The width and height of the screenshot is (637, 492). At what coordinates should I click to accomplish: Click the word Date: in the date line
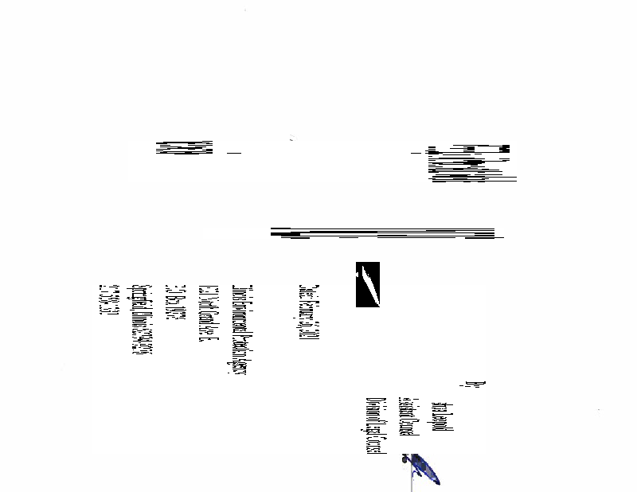click(305, 289)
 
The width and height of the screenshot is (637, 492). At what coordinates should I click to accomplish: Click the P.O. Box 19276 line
click(170, 303)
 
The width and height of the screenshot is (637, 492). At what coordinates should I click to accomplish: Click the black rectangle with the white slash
click(367, 283)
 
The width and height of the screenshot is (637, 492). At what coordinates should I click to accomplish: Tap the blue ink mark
click(421, 470)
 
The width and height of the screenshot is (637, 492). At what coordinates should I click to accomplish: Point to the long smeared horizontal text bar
click(382, 233)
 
